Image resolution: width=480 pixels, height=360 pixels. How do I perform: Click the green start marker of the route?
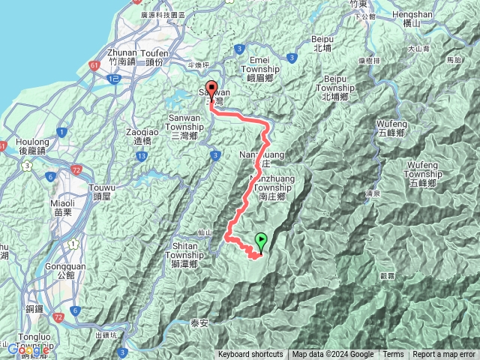pos(261,241)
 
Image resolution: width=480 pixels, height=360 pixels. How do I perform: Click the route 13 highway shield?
pos(141,155)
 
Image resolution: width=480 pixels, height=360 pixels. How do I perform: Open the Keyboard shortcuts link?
pos(250,355)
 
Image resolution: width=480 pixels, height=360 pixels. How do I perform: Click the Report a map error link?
pos(443,355)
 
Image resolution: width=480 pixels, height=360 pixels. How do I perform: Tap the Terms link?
pos(393,355)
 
